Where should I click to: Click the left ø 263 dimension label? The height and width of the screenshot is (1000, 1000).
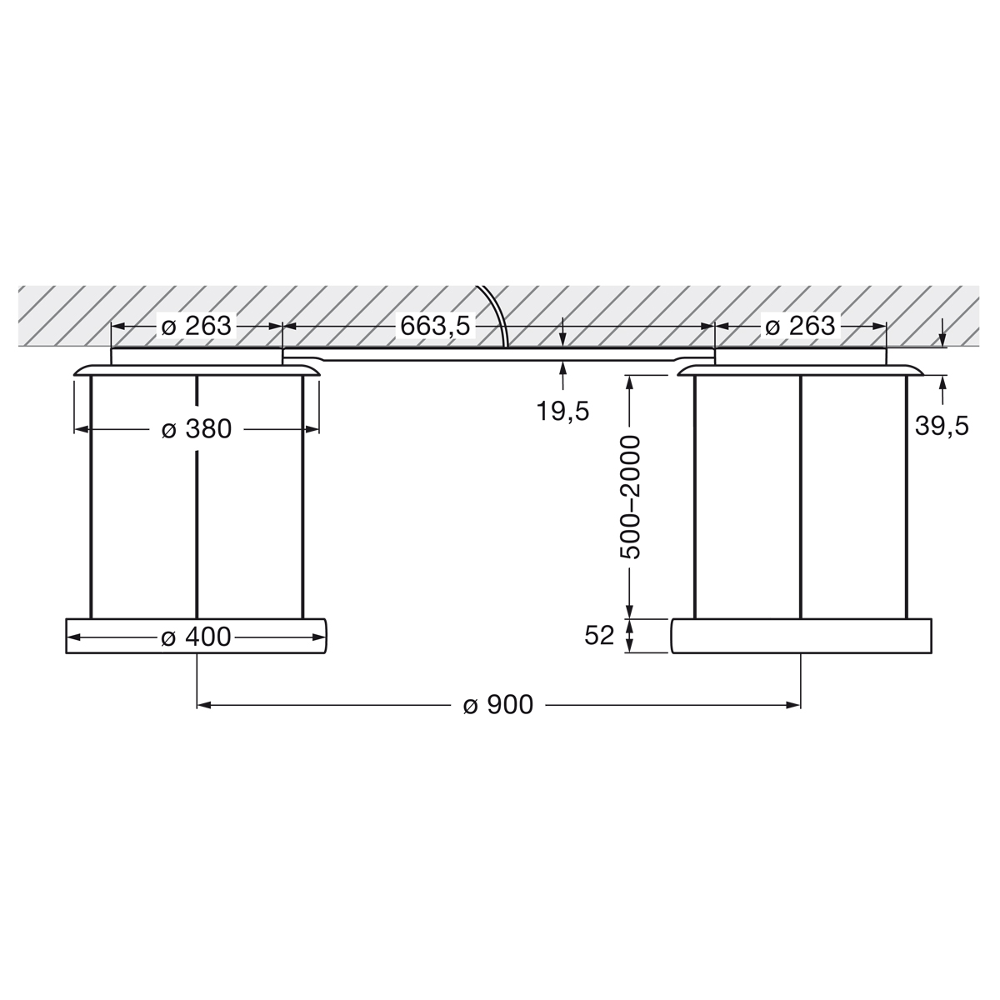coord(197,326)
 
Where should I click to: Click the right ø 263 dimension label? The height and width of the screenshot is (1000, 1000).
coord(800,326)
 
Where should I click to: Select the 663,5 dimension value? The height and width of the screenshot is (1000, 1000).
coord(436,326)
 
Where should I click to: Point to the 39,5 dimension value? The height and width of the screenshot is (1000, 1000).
coord(942,426)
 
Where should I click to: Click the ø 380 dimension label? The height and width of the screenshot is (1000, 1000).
coord(197,429)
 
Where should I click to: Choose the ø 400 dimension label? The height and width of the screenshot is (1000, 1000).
coord(197,637)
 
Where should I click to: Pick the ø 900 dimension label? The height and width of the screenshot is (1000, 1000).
coord(498,705)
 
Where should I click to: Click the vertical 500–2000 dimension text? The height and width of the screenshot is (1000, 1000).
coord(631,497)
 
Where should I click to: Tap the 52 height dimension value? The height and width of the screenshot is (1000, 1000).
coord(599,636)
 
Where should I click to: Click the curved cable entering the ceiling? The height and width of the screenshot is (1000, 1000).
coord(497,317)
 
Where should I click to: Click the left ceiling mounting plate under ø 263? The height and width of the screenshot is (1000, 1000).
coord(197,357)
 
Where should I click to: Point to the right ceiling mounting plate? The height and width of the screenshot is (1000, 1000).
coord(800,357)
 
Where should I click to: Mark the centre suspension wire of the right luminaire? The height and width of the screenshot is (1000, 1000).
coord(800,500)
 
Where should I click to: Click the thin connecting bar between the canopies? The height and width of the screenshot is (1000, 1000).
coord(500,357)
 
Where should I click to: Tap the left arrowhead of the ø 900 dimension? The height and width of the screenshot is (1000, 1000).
coord(203,705)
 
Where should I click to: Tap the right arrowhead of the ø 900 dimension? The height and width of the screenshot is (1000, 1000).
coord(793,705)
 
